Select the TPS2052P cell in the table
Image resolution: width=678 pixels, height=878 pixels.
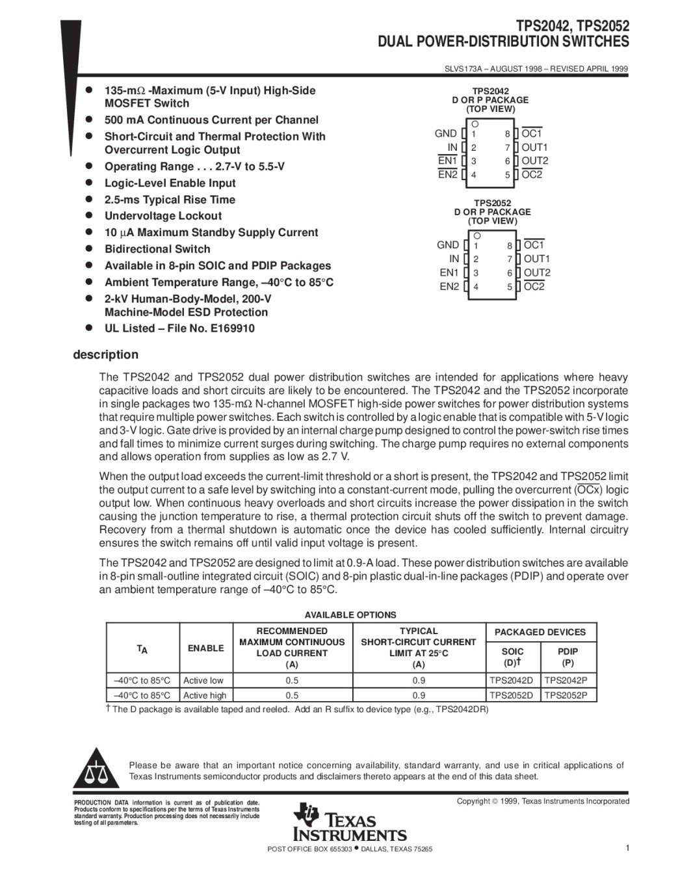[x=570, y=695]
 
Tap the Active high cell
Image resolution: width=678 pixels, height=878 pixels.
[x=205, y=695]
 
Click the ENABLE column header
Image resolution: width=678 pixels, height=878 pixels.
[x=205, y=648]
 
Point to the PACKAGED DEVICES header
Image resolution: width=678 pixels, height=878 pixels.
[x=540, y=632]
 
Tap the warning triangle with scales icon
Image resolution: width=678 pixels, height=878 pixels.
[x=96, y=772]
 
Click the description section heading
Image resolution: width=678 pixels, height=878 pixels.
[x=105, y=354]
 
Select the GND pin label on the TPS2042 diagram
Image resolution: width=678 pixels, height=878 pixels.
[x=446, y=133]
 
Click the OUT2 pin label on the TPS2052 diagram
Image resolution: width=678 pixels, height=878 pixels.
[x=537, y=273]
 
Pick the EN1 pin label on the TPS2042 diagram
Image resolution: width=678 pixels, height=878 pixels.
[x=448, y=161]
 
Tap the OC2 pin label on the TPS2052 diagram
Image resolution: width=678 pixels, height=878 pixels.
[x=534, y=286]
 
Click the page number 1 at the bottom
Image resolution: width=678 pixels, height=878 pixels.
[x=627, y=847]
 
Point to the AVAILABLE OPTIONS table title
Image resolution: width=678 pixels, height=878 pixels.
[x=350, y=615]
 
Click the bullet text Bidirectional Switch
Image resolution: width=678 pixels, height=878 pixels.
[x=157, y=249]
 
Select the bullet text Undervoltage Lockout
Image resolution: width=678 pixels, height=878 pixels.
[x=163, y=216]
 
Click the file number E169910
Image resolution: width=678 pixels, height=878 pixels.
[x=232, y=328]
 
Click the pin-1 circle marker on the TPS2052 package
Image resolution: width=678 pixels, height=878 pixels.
[x=476, y=235]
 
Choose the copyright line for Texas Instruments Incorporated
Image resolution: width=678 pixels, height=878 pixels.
[x=543, y=801]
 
